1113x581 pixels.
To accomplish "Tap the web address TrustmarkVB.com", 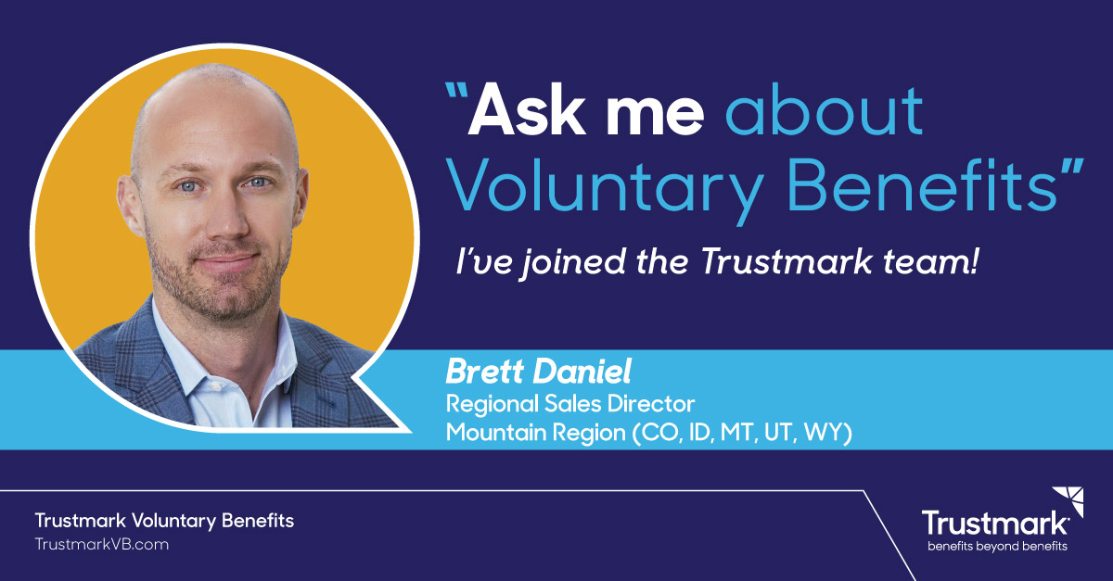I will tap(102, 544).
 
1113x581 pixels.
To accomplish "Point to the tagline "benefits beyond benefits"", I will tap(997, 547).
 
